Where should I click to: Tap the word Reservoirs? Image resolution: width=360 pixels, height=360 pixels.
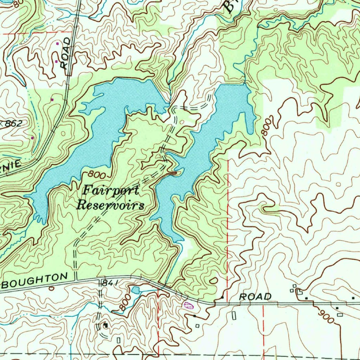[x=111, y=205]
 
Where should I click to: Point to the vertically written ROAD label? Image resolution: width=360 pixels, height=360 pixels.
[x=65, y=53]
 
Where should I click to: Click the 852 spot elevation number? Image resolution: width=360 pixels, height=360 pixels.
[x=14, y=123]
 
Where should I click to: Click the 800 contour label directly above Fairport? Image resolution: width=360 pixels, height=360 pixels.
[x=96, y=174]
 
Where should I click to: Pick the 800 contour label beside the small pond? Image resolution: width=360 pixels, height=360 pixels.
[x=124, y=302]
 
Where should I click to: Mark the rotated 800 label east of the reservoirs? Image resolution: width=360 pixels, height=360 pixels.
[x=267, y=125]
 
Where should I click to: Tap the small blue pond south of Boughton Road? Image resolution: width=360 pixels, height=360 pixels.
[x=135, y=290]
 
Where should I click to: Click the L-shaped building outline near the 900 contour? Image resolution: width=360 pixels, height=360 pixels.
[x=299, y=291]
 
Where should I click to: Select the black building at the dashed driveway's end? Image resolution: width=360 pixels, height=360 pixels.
[x=105, y=326]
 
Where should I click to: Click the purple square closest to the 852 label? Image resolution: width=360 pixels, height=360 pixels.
[x=32, y=138]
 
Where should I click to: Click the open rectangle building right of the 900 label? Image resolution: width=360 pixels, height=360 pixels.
[x=340, y=315]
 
